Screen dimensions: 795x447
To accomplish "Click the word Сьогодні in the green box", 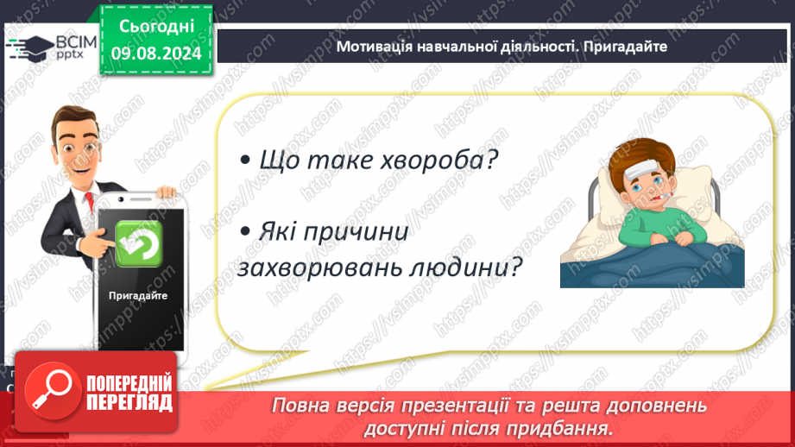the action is coord(156,27).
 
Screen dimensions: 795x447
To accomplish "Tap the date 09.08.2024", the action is coord(156,54).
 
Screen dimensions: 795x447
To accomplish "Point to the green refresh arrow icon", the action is coord(138,243).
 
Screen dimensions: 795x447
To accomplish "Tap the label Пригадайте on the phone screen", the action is coord(138,295).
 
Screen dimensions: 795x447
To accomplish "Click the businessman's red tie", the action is coord(90,201).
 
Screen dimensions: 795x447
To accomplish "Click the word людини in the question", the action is coord(459,268).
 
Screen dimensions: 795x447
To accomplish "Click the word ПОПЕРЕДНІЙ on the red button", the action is coord(129,383).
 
